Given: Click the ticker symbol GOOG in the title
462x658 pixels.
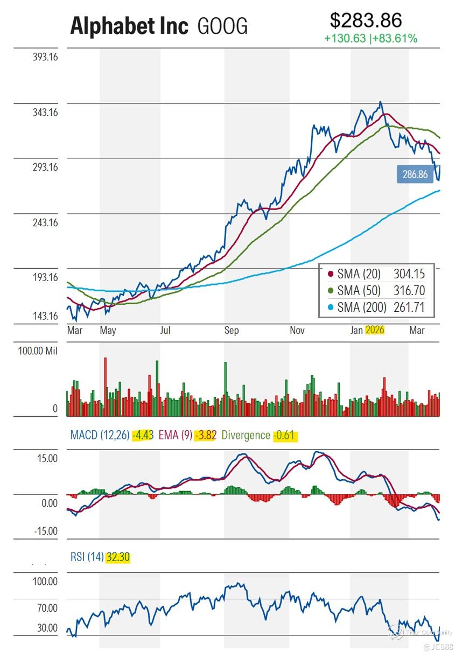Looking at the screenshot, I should pyautogui.click(x=222, y=26).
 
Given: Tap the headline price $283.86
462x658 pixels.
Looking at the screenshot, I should pyautogui.click(x=366, y=20).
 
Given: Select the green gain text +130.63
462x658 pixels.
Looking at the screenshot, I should pyautogui.click(x=345, y=39).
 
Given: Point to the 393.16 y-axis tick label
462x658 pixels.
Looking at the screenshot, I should pyautogui.click(x=45, y=58).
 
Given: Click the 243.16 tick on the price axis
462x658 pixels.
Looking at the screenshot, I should pyautogui.click(x=45, y=222).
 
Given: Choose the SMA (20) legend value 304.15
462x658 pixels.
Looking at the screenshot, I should pyautogui.click(x=409, y=275).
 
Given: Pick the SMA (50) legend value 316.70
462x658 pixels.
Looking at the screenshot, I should pyautogui.click(x=409, y=291).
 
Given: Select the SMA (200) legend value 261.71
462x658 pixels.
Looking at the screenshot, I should pyautogui.click(x=409, y=307).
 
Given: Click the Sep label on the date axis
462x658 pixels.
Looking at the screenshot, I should pyautogui.click(x=232, y=330).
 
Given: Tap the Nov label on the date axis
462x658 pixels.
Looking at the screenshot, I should pyautogui.click(x=297, y=330).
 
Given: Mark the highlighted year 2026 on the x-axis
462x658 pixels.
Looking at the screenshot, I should pyautogui.click(x=374, y=330).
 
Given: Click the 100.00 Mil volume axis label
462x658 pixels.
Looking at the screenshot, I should pyautogui.click(x=37, y=352).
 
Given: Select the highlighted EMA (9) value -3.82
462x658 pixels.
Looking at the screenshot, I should pyautogui.click(x=205, y=435).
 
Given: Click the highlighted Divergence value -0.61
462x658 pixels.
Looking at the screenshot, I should pyautogui.click(x=285, y=435).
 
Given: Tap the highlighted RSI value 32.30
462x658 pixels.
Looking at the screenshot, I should pyautogui.click(x=118, y=557).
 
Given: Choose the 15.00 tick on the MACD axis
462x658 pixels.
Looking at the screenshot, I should pyautogui.click(x=47, y=459).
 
